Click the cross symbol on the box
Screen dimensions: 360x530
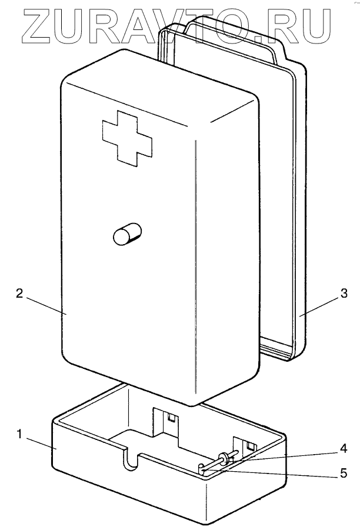pyautogui.click(x=126, y=136)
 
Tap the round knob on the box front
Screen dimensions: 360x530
pyautogui.click(x=128, y=235)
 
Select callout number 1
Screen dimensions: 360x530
pyautogui.click(x=19, y=435)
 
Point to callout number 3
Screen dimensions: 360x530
pyautogui.click(x=344, y=292)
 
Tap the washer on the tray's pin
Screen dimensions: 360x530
pyautogui.click(x=224, y=459)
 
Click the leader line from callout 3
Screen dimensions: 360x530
pyautogui.click(x=319, y=306)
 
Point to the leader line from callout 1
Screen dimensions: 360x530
pyautogui.click(x=41, y=442)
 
